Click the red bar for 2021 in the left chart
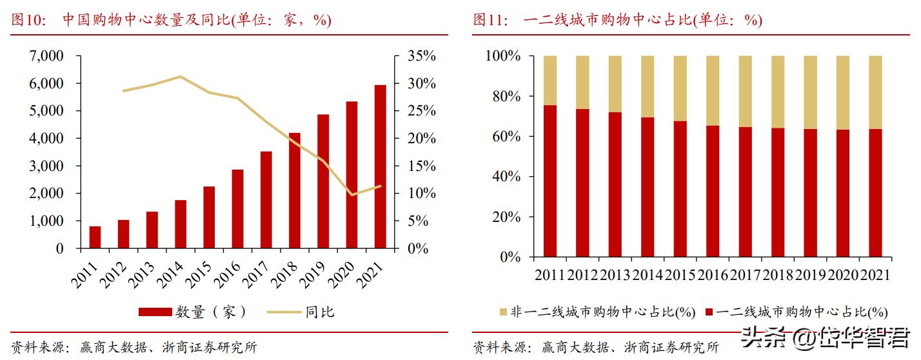380,166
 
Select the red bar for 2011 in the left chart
95,237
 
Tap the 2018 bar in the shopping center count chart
294,190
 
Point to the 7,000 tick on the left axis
46,56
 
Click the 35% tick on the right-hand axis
422,56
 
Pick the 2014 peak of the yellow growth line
180,77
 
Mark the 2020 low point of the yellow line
352,195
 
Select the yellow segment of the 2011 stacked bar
550,80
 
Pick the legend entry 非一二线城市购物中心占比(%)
597,313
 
